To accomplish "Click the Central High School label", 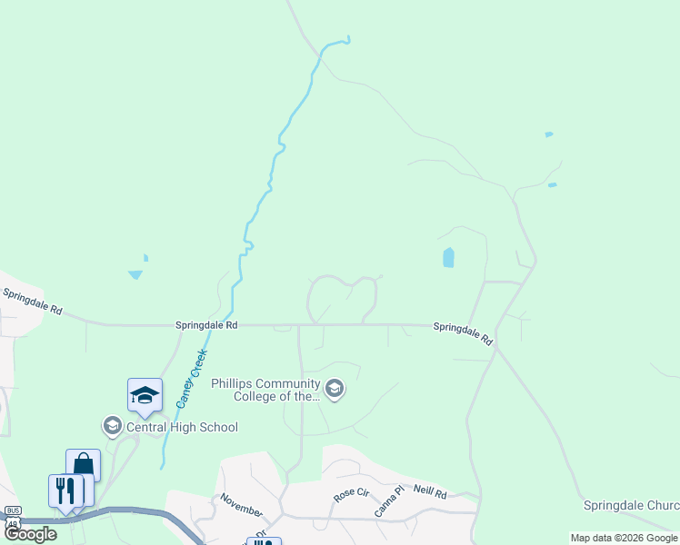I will [182, 427].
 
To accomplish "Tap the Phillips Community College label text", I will [265, 390].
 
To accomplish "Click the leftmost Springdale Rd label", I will [32, 302].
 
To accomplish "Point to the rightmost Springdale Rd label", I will [463, 333].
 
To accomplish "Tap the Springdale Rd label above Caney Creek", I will [206, 324].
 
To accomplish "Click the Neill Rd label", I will [430, 491].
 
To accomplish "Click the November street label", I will [241, 505].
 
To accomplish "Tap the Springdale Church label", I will [631, 504].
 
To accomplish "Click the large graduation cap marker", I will [145, 396].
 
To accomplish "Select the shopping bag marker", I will [83, 465].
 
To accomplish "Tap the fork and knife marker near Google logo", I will [64, 490].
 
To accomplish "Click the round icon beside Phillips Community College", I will [335, 390].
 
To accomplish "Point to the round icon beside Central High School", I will [113, 426].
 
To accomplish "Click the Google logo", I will [30, 534].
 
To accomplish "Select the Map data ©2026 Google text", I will [624, 538].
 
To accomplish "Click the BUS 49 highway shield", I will [13, 517].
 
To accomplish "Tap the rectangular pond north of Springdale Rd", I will [447, 257].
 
